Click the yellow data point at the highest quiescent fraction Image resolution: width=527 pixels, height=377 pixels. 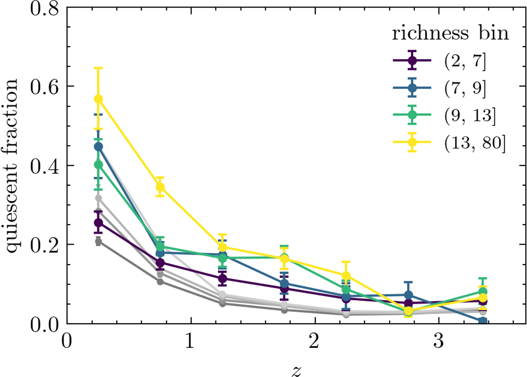click(x=99, y=99)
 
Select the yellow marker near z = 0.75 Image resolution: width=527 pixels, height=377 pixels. click(x=160, y=187)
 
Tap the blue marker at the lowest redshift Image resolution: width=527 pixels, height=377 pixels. click(x=99, y=146)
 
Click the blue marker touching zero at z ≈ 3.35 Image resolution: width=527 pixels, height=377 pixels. click(x=483, y=321)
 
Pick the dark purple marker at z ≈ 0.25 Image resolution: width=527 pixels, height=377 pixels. click(x=99, y=223)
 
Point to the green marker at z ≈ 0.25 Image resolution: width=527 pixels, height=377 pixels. click(x=99, y=165)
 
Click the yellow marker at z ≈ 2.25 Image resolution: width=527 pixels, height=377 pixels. click(x=346, y=276)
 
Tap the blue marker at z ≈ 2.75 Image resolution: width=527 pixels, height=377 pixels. click(x=408, y=295)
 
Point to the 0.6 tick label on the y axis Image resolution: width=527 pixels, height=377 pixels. click(x=42, y=86)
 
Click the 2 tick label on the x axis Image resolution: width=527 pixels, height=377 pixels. click(x=314, y=341)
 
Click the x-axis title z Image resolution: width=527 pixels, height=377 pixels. click(x=296, y=370)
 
